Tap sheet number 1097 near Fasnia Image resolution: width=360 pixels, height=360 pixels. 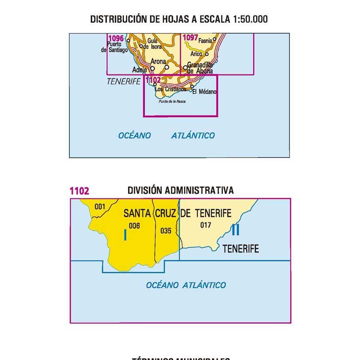coord(190,38)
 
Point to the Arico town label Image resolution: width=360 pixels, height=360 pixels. coord(196,54)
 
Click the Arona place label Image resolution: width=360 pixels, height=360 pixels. coord(159,62)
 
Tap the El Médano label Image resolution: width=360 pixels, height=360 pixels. coord(204,92)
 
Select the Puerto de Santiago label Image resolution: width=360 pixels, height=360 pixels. coord(115,47)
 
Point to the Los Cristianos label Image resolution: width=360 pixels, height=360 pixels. coord(170,89)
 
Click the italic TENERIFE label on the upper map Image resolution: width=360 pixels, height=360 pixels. coord(124,82)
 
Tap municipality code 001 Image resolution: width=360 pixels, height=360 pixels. coord(100,206)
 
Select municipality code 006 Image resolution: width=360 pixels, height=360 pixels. coord(134,226)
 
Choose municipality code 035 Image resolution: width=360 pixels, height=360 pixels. coord(165,230)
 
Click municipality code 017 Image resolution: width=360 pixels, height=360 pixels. coord(206,225)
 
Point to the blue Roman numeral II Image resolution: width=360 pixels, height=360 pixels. coord(236,230)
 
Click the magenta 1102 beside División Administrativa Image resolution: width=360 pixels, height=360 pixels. coord(79,191)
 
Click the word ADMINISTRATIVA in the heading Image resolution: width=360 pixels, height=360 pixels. coord(199,190)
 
